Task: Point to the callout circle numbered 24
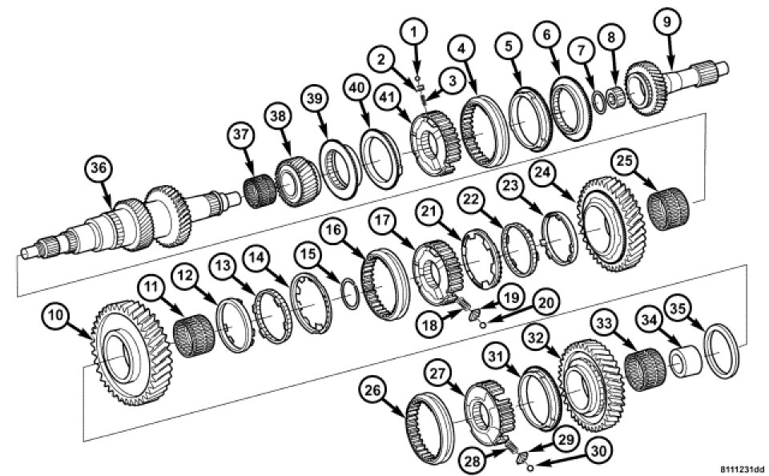click(x=544, y=171)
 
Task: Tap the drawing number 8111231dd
click(x=743, y=470)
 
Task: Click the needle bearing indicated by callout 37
click(x=260, y=191)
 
